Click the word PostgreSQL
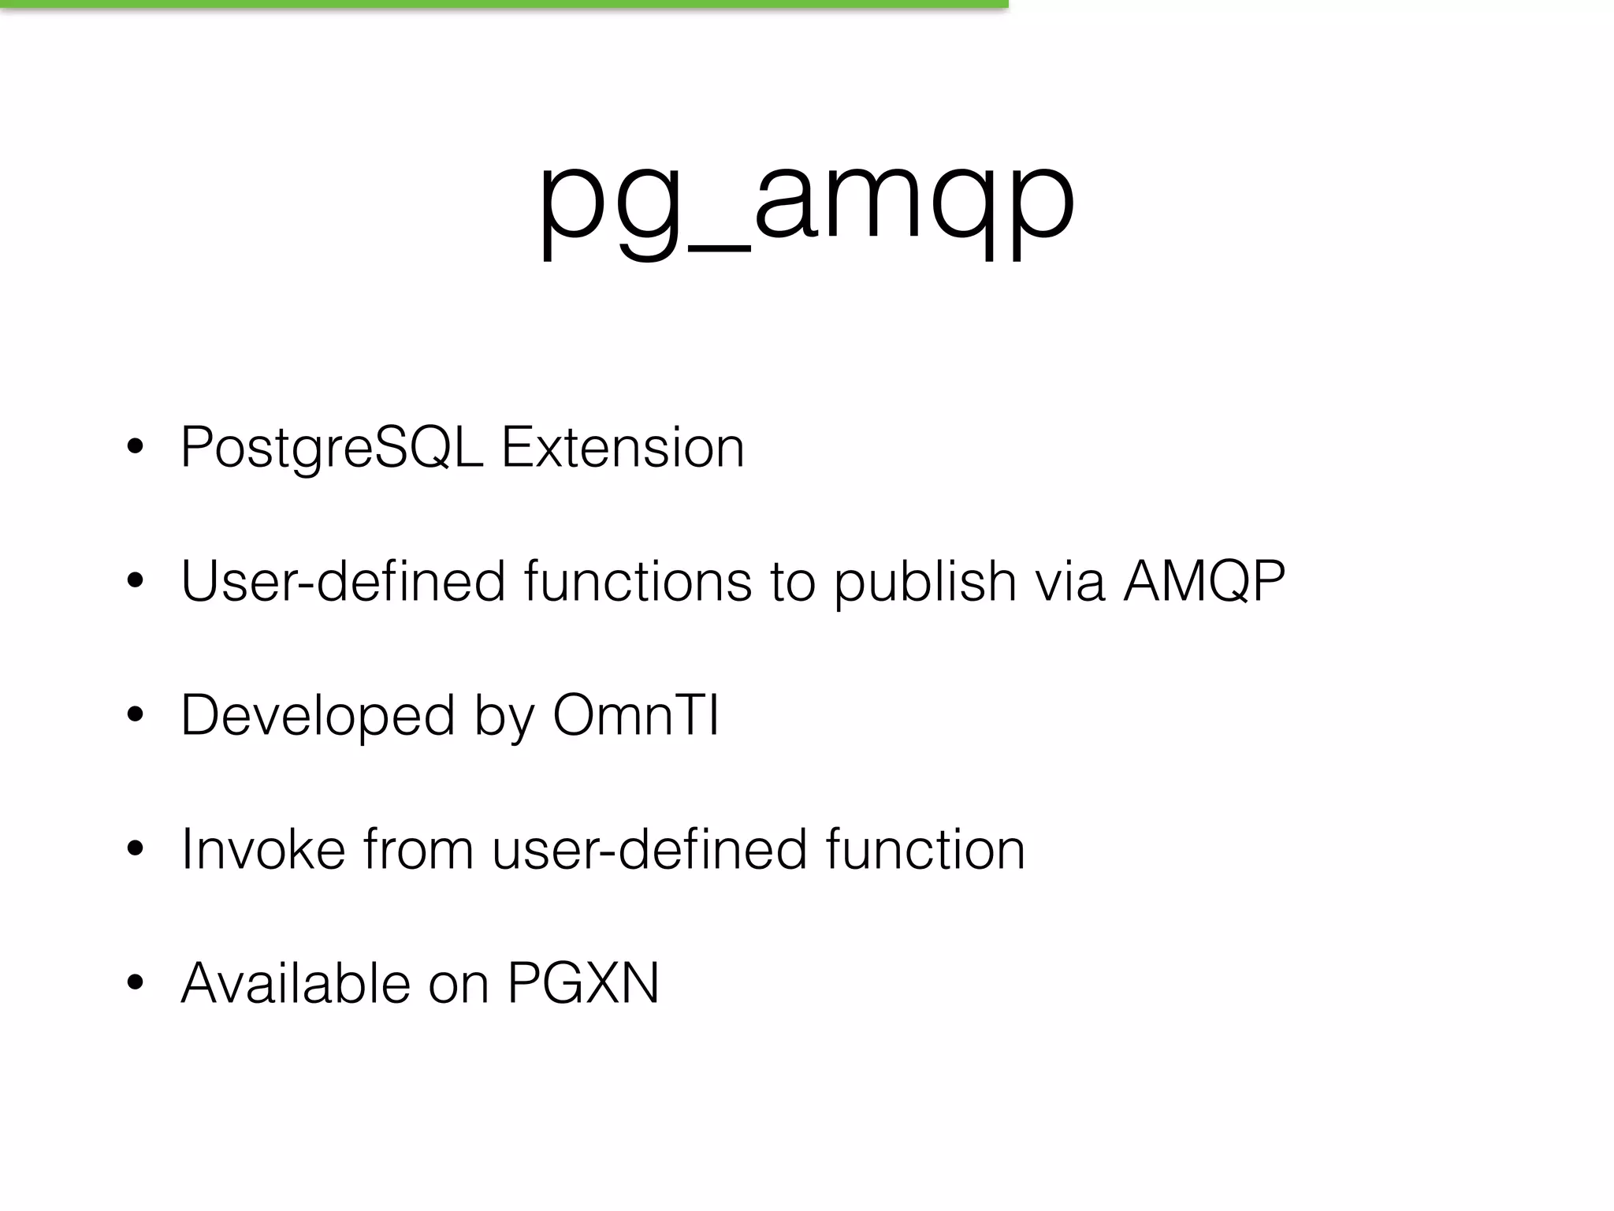click(x=331, y=448)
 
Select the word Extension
click(x=623, y=448)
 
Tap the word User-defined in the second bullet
click(x=343, y=582)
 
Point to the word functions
click(x=638, y=582)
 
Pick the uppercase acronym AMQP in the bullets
click(x=1204, y=582)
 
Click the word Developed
click(x=318, y=716)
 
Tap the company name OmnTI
click(x=635, y=716)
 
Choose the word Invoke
click(x=263, y=850)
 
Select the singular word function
click(x=925, y=850)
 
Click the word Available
click(x=296, y=984)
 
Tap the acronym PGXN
click(x=582, y=984)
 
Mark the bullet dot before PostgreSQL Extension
click(x=135, y=447)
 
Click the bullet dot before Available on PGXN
click(x=135, y=983)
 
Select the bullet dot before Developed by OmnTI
click(x=135, y=715)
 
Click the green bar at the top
click(x=504, y=4)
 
